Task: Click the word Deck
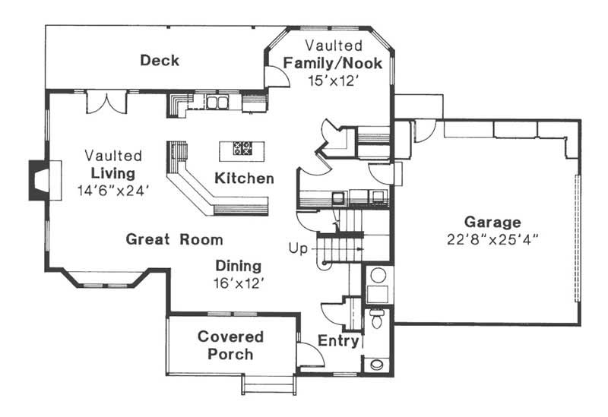click(160, 60)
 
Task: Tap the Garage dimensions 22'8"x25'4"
click(492, 238)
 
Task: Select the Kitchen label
click(243, 179)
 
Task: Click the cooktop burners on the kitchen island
click(242, 149)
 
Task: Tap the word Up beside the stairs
click(298, 248)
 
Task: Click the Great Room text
click(174, 239)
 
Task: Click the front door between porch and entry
click(308, 355)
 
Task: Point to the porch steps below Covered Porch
click(268, 384)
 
